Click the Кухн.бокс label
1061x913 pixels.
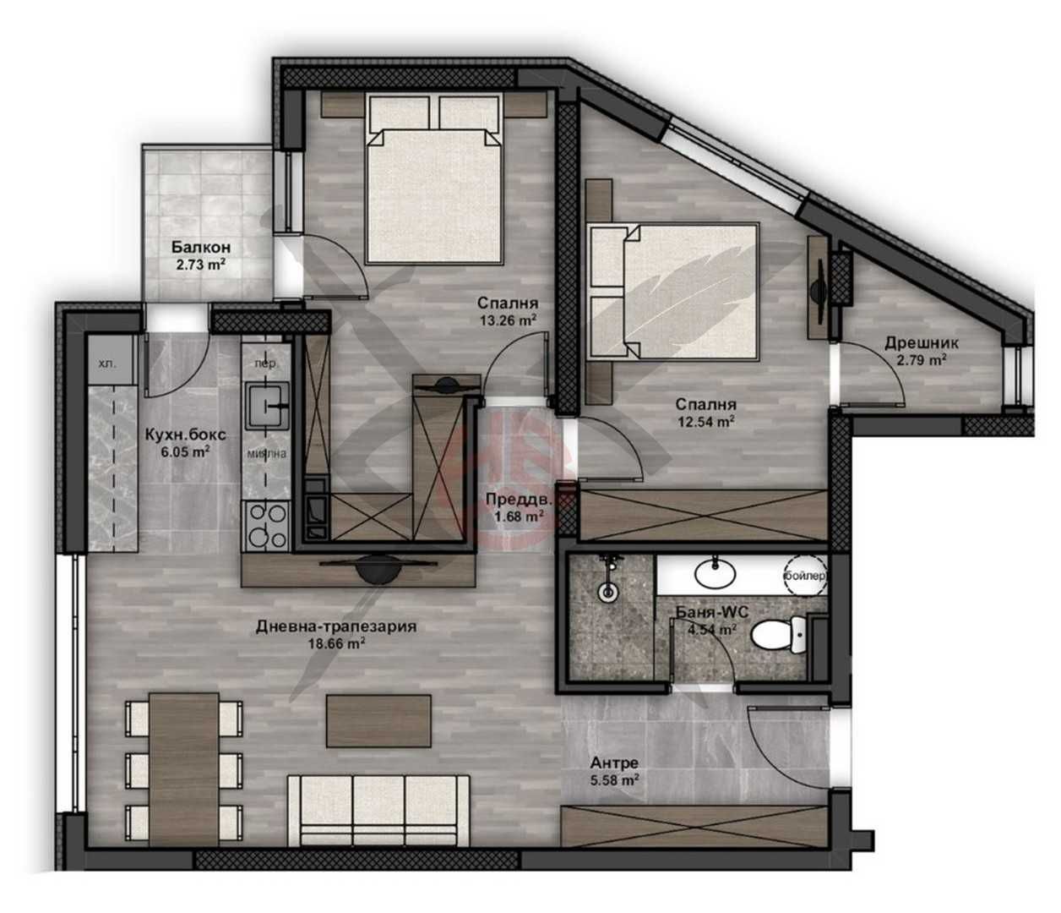[185, 435]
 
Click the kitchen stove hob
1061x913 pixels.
[266, 525]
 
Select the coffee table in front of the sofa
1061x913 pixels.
[378, 719]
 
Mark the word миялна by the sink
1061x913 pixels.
[266, 452]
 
